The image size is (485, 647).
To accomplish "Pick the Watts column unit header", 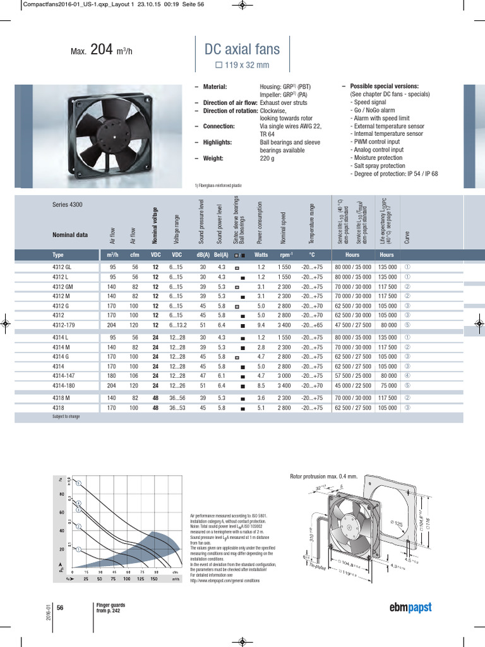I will [x=261, y=255].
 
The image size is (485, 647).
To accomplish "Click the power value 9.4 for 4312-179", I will [x=261, y=326].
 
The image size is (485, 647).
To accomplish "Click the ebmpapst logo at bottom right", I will [x=410, y=607].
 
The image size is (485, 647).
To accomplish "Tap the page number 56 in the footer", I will [x=61, y=607].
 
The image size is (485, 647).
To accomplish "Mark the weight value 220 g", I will [x=268, y=159].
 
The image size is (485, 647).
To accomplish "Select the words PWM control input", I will [x=378, y=142].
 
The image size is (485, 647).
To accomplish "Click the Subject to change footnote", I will [x=66, y=417].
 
